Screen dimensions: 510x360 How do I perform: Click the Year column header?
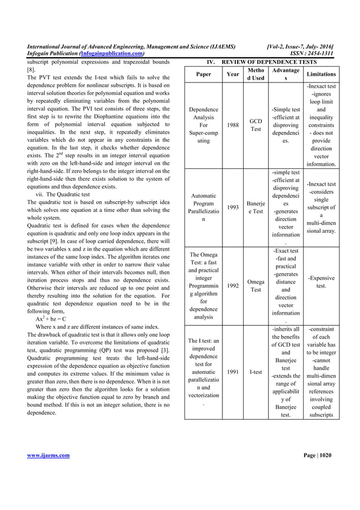pyautogui.click(x=232, y=73)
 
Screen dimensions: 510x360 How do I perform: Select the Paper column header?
pyautogui.click(x=204, y=73)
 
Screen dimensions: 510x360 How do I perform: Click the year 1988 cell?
pyautogui.click(x=232, y=125)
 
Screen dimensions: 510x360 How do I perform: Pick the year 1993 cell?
pyautogui.click(x=232, y=207)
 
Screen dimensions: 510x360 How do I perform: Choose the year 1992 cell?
pyautogui.click(x=232, y=286)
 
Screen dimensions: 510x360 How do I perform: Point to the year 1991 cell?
pyautogui.click(x=232, y=372)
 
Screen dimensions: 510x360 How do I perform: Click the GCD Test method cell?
pyautogui.click(x=256, y=125)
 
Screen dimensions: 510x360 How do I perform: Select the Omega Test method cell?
pyautogui.click(x=256, y=286)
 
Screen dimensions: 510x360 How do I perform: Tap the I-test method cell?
pyautogui.click(x=256, y=372)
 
